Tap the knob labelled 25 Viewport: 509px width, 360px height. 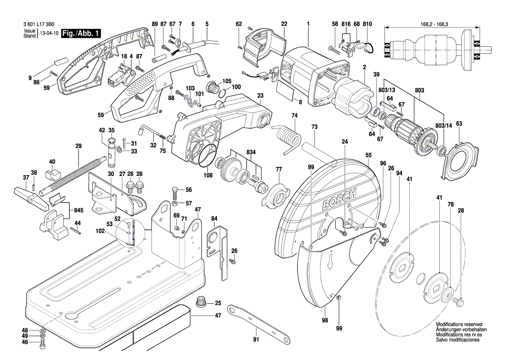[201, 302]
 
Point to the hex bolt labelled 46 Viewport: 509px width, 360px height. [42, 344]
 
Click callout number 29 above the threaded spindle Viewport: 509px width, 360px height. [78, 146]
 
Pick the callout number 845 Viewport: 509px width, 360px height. [78, 210]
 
